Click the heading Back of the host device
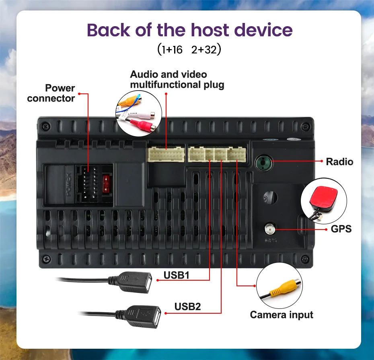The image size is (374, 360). point(189,31)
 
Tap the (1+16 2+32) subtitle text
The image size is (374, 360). point(189,50)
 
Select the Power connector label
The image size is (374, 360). point(51,93)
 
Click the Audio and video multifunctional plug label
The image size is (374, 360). point(177,79)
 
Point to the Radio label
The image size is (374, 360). point(339,162)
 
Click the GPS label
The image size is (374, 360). point(341,229)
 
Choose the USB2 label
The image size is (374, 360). point(187,306)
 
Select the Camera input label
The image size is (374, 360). point(282,314)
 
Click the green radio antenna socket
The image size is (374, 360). point(262,163)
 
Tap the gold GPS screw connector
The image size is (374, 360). point(269,230)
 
